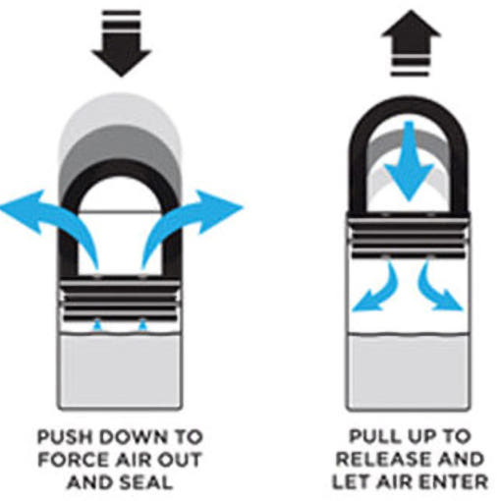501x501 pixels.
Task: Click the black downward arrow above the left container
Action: (x=122, y=43)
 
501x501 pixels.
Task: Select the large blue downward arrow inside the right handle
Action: (x=409, y=160)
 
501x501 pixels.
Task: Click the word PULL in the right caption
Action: (x=371, y=436)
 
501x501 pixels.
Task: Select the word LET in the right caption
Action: (x=350, y=481)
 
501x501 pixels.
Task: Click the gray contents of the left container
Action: (x=120, y=371)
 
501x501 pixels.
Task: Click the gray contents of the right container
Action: (x=409, y=371)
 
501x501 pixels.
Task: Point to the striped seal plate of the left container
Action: (x=120, y=299)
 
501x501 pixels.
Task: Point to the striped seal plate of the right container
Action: (x=409, y=235)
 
